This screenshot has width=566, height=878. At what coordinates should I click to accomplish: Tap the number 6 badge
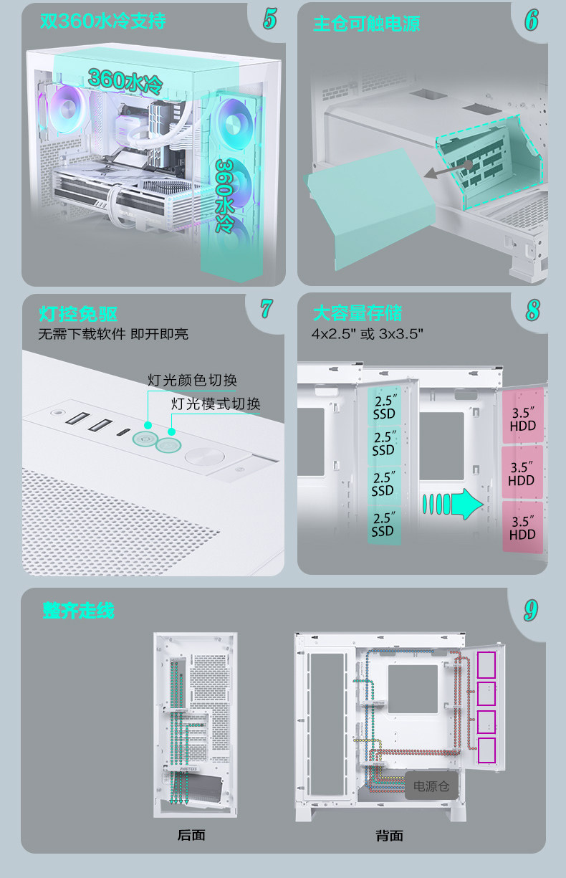531,20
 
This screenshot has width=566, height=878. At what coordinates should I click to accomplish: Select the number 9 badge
530,610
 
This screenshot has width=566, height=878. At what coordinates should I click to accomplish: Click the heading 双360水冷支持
103,22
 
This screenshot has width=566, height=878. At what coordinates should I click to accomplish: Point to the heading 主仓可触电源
366,24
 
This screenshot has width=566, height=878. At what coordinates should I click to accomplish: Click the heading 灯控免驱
79,314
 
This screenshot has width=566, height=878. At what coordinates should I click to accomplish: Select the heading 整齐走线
79,611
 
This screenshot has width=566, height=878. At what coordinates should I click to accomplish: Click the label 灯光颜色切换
192,380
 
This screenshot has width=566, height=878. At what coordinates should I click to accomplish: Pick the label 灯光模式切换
216,404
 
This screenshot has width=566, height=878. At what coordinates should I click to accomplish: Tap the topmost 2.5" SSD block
383,407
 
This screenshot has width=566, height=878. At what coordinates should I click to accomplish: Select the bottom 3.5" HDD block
522,528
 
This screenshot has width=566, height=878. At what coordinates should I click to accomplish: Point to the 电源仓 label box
431,786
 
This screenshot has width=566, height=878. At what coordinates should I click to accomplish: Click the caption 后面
191,835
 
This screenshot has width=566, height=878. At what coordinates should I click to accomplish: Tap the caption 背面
389,835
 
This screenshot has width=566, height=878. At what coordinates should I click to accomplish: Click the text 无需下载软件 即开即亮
113,334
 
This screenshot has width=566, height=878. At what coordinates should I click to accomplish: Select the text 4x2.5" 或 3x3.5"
368,334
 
